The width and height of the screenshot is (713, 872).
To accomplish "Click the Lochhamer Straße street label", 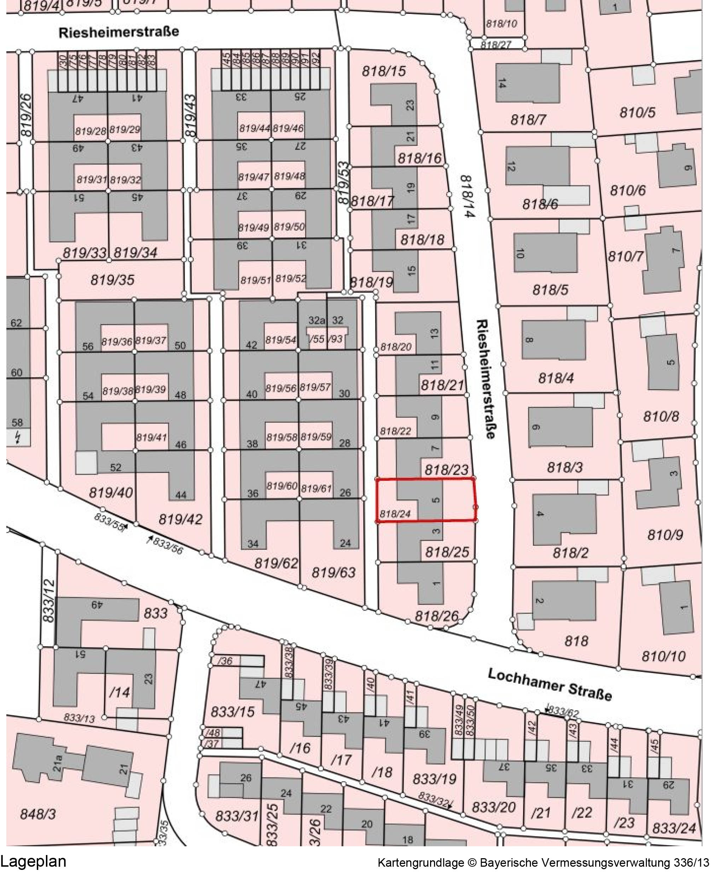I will coord(550,684).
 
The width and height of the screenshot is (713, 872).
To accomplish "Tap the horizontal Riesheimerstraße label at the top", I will coord(119,32).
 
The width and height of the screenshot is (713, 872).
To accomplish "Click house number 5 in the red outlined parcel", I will coord(436,500).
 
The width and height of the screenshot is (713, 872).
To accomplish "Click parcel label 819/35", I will coord(112,280).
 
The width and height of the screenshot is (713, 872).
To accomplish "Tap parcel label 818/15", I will coord(384,71).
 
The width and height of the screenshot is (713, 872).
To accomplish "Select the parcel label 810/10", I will coord(663,657).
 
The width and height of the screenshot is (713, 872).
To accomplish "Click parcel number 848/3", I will coord(38,814).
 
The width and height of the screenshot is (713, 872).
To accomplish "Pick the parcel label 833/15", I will coord(232,712).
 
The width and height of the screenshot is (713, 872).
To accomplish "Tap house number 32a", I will coord(316,320).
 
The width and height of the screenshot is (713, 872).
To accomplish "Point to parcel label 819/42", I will coord(180,520).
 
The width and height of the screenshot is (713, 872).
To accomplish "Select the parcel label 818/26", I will coord(436,616).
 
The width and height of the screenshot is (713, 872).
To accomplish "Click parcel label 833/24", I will coord(674,828).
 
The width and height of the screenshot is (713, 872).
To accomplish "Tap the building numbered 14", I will coord(502,83).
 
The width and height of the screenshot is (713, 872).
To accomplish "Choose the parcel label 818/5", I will coord(550,290).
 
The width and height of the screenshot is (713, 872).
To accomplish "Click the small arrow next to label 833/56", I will coord(151,538).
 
